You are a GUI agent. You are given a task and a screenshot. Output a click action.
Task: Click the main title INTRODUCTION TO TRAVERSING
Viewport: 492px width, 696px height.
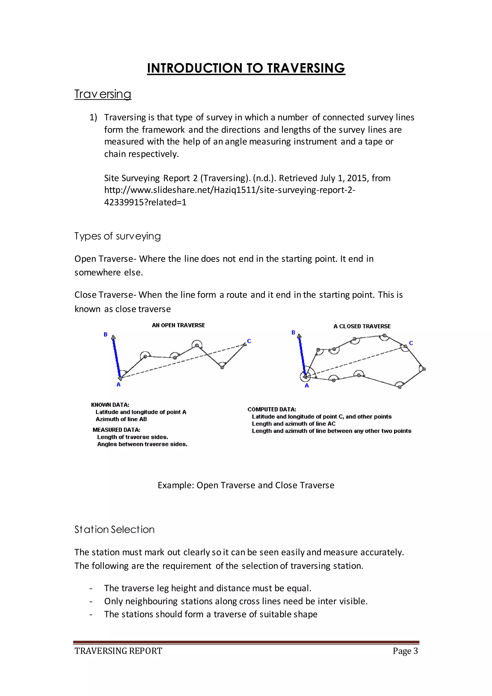[x=246, y=68]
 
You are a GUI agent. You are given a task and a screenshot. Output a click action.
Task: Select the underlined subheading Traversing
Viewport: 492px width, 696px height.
[x=103, y=94]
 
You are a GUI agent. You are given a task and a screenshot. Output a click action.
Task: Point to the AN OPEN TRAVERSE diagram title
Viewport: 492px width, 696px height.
[x=178, y=325]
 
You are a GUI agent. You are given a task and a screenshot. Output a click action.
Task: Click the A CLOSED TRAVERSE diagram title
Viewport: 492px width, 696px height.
[x=362, y=326]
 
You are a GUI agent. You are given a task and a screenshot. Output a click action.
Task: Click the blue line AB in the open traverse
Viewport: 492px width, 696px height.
[x=117, y=358]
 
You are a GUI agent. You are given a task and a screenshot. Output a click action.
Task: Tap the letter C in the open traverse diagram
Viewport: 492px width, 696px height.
[x=249, y=341]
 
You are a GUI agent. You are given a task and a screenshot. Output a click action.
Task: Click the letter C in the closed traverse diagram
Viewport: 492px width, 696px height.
[x=411, y=343]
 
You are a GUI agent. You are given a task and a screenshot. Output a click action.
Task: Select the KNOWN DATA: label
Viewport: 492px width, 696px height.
[x=110, y=405]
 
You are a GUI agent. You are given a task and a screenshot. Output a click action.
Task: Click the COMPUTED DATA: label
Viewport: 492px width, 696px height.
[x=272, y=409]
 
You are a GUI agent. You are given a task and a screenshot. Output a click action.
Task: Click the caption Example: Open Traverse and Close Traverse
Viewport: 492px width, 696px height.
[x=246, y=485]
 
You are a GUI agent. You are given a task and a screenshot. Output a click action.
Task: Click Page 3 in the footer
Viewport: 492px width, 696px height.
[x=405, y=651]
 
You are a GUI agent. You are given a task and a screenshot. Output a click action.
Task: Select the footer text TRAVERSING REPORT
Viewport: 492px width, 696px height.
[x=118, y=651]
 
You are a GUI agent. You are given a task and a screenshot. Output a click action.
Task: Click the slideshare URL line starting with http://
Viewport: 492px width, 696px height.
[x=230, y=190]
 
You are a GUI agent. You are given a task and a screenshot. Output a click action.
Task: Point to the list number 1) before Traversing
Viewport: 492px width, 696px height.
[x=93, y=118]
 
